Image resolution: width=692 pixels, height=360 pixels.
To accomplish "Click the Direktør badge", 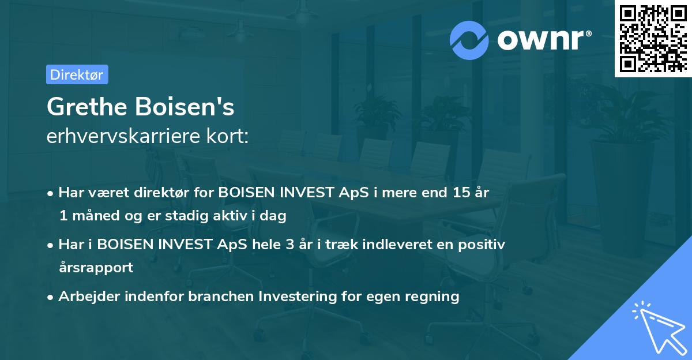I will point(77,74).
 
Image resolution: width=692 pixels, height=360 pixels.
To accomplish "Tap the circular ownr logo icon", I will point(469,40).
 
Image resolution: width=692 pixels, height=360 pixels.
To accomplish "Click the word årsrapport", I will point(96,268).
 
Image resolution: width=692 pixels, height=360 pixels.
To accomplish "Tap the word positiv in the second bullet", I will point(484,245).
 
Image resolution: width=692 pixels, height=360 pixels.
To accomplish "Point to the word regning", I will point(431,297).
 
